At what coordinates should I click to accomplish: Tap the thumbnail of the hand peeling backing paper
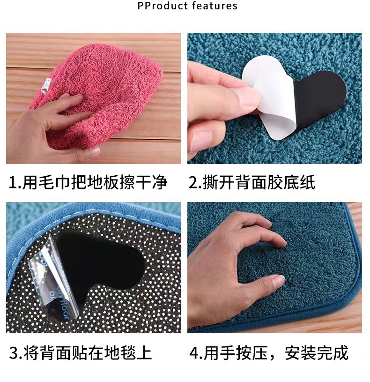(x=274, y=98)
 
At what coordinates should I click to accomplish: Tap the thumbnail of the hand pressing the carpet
(x=274, y=267)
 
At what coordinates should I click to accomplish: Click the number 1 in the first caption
(x=13, y=183)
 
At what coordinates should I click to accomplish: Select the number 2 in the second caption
(x=193, y=183)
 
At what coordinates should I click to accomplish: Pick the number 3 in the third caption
(x=14, y=353)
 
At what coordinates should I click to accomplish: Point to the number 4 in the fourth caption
(x=194, y=353)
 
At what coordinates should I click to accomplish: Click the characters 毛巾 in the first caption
(x=54, y=182)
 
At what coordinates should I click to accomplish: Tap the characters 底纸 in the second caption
(x=299, y=182)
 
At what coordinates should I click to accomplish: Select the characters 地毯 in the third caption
(x=120, y=353)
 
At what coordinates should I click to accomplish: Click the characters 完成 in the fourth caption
(x=333, y=353)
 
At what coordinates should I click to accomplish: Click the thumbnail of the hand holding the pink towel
(x=93, y=98)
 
